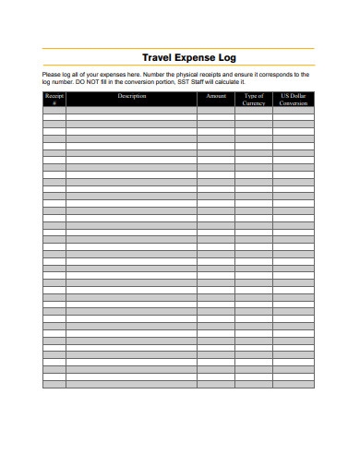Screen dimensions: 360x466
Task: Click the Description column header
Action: [x=132, y=96]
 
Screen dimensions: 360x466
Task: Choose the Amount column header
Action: [x=216, y=96]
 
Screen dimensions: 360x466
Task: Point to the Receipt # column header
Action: [x=54, y=99]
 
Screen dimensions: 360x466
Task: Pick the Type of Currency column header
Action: [x=254, y=99]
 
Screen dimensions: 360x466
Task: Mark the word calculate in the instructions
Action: [x=228, y=81]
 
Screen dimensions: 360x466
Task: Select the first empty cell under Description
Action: [x=132, y=110]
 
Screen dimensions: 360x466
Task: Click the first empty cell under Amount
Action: [x=216, y=110]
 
